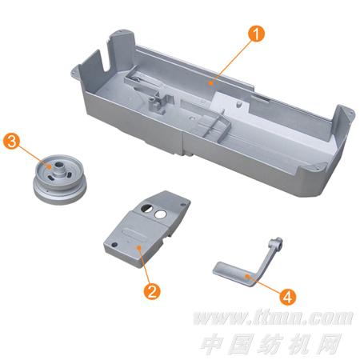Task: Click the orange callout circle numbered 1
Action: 256,34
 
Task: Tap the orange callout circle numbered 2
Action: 152,290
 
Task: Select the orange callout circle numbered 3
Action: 11,142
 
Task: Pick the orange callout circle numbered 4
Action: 288,297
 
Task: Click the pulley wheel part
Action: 60,179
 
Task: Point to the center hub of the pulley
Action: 59,170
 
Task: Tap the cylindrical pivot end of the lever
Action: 276,243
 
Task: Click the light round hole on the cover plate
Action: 160,214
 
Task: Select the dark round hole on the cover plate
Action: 146,207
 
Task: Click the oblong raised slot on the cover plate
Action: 134,231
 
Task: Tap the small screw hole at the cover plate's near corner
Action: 115,245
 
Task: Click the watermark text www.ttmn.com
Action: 273,318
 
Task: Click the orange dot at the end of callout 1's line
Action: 210,83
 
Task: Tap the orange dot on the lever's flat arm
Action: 248,276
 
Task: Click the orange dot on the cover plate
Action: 138,248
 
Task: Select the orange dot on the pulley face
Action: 49,166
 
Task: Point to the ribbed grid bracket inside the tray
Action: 214,125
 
